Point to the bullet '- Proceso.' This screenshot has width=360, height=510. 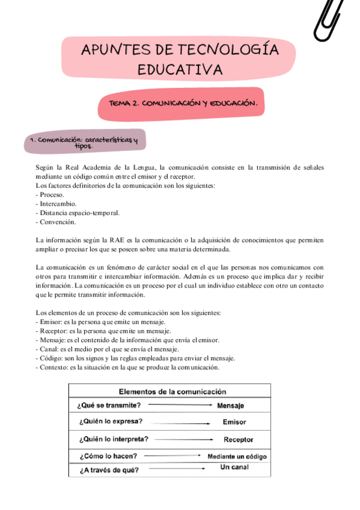(x=50, y=195)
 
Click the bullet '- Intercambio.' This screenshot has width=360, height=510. (x=55, y=204)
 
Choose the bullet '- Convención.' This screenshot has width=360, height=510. (x=55, y=222)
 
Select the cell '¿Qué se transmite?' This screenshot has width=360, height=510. (x=109, y=405)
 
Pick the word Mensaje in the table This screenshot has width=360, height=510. (x=230, y=405)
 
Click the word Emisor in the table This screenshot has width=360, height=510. (x=234, y=422)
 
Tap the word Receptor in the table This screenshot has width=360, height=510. (x=238, y=440)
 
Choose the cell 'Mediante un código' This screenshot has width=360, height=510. (x=237, y=456)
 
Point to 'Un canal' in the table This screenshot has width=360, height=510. (x=234, y=468)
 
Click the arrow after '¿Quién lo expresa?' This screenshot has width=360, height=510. (x=180, y=422)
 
